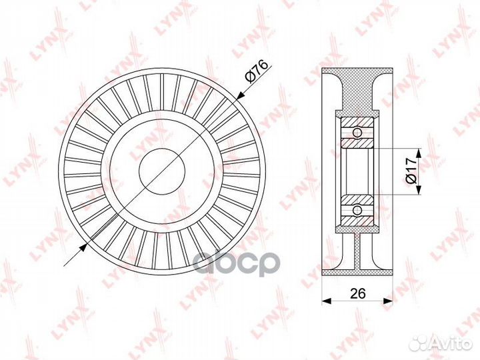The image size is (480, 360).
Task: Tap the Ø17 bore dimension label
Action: click(412, 171)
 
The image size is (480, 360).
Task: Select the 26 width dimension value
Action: click(357, 293)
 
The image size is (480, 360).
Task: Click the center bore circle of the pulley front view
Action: click(162, 171)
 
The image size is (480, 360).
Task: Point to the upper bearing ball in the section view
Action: click(357, 133)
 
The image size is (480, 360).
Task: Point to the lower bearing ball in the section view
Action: click(357, 210)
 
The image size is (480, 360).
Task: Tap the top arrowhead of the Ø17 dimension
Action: click(419, 153)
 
